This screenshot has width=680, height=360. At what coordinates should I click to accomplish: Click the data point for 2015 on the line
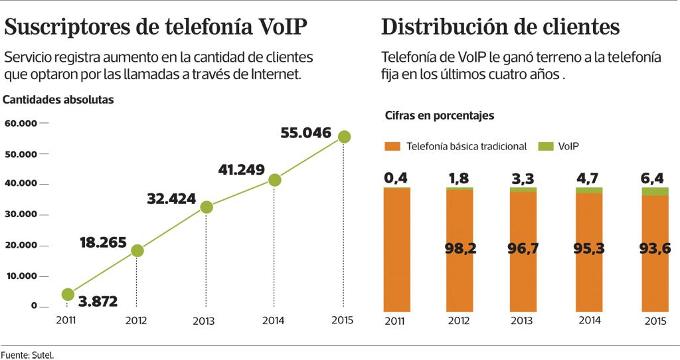tap(343, 137)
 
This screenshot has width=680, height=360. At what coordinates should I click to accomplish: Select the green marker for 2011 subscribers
tap(68, 294)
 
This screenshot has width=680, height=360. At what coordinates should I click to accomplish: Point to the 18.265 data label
tap(103, 242)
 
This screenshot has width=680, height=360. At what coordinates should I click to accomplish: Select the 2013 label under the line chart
tap(204, 321)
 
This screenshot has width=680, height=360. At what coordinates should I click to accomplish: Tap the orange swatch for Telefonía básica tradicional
tap(392, 146)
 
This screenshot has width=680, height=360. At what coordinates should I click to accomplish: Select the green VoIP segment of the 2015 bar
tap(655, 191)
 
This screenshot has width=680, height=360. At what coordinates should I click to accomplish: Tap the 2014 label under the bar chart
tap(590, 320)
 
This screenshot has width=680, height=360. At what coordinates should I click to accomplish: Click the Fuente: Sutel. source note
tap(27, 355)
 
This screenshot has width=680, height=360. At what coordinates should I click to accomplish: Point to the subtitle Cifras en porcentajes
tap(440, 116)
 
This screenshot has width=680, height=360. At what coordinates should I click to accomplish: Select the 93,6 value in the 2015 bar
tap(655, 248)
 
